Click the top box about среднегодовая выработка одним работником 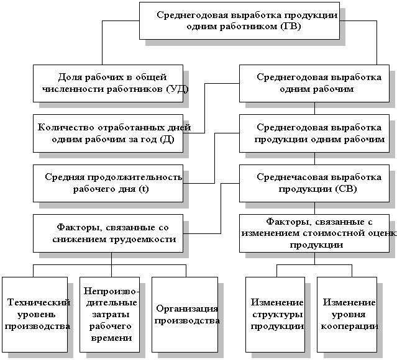pos(239,21)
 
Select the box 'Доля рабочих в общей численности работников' pos(108,83)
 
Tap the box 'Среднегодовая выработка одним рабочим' pos(314,83)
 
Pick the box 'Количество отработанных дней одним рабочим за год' pos(108,133)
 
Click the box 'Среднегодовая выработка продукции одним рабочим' pos(314,133)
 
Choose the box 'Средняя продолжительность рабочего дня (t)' pos(108,182)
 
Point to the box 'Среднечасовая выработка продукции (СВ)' pos(314,182)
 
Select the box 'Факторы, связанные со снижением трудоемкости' pos(108,233)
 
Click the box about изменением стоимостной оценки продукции pos(314,233)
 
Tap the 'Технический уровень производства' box pos(35,313)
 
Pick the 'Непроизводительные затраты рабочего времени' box pos(109,313)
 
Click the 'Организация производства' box pos(185,313)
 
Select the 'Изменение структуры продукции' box pos(275,313)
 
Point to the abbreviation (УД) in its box pos(176,89)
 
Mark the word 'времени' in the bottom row pos(110,338)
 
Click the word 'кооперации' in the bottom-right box pos(348,326)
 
